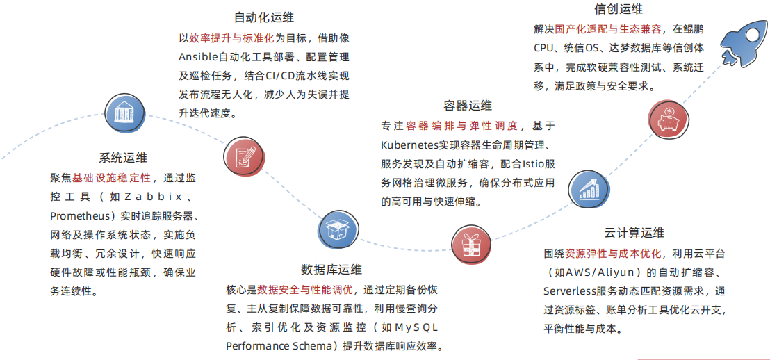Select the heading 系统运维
123,158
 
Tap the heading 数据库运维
331,270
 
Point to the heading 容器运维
468,106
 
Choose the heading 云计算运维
634,233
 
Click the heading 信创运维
619,9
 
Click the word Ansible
198,57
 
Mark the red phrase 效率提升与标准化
231,38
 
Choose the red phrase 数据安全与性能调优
304,289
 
